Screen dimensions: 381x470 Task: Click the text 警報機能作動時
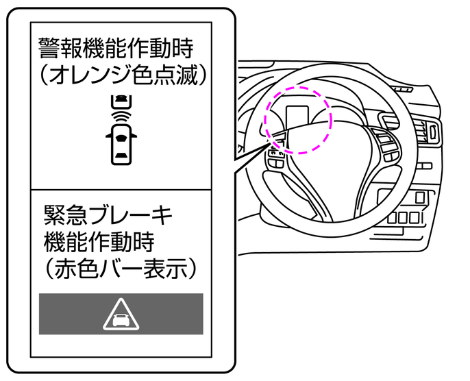coord(116,49)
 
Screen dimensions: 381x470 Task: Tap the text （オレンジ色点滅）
coord(123,76)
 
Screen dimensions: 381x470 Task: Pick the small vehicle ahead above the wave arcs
coord(121,101)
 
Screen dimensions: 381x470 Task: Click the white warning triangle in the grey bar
coord(121,315)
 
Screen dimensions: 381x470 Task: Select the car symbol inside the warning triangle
coord(121,318)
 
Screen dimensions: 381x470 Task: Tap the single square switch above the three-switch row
coord(420,198)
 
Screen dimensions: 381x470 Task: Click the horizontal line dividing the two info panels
coord(121,190)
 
